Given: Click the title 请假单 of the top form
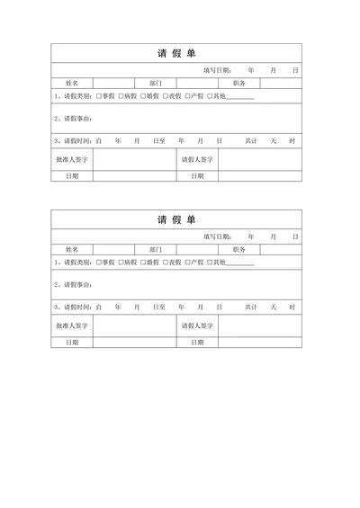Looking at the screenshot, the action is click(176, 53).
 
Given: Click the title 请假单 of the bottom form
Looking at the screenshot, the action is click(176, 219).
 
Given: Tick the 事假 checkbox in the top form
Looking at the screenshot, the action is click(99, 96).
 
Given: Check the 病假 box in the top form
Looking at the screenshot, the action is click(121, 96).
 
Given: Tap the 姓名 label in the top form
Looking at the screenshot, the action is click(72, 83).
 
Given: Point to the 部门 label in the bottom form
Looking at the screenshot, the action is click(156, 249).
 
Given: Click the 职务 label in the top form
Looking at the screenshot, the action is click(239, 83).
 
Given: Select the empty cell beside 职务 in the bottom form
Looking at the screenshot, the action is click(282, 249).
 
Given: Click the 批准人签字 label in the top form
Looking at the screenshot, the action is click(72, 159).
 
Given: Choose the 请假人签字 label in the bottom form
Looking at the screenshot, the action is click(197, 325).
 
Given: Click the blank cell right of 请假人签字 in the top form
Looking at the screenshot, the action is click(259, 159).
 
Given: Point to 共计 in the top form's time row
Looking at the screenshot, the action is click(251, 141).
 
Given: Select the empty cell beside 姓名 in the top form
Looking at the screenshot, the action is click(113, 83).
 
